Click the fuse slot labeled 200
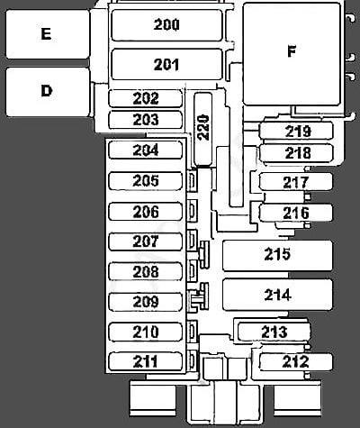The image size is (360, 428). pos(166,25)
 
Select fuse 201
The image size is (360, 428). pos(166,64)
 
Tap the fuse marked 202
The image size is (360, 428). pos(146,98)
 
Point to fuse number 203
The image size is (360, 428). pos(146,120)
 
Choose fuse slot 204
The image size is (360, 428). pos(146,150)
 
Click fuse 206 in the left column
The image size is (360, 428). pos(146,212)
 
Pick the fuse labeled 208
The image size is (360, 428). pos(146,271)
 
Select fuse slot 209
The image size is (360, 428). pos(146,302)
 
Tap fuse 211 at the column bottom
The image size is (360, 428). pos(146,361)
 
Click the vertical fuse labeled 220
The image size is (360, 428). pos(203,129)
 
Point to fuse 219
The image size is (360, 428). pos(296,131)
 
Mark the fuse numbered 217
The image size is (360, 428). pos(296,182)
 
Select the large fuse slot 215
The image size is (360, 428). pos(277,255)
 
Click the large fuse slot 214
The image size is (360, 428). pos(277,295)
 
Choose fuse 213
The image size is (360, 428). pos(274,332)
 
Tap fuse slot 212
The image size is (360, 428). pos(296,361)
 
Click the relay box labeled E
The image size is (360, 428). pos(48,34)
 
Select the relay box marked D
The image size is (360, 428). pos(48,92)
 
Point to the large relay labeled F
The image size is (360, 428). pos(292,54)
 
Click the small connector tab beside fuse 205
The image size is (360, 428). pos(192,181)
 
